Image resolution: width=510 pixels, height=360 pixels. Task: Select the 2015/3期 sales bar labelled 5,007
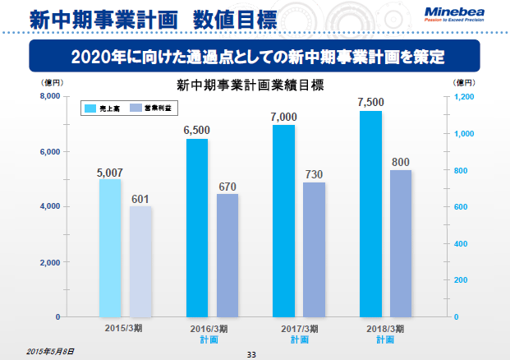pos(110,247)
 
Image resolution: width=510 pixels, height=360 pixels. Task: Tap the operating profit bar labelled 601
pos(141,261)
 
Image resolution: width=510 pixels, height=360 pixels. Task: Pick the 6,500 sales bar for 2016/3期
pos(197,228)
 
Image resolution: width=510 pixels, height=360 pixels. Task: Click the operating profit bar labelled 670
pos(228,255)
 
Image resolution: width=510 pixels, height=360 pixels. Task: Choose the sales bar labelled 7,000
pos(284,220)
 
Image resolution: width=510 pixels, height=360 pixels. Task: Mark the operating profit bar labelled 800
pos(401,243)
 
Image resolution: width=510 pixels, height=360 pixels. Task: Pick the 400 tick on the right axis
pos(462,244)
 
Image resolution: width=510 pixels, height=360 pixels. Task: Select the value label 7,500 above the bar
pos(371,102)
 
